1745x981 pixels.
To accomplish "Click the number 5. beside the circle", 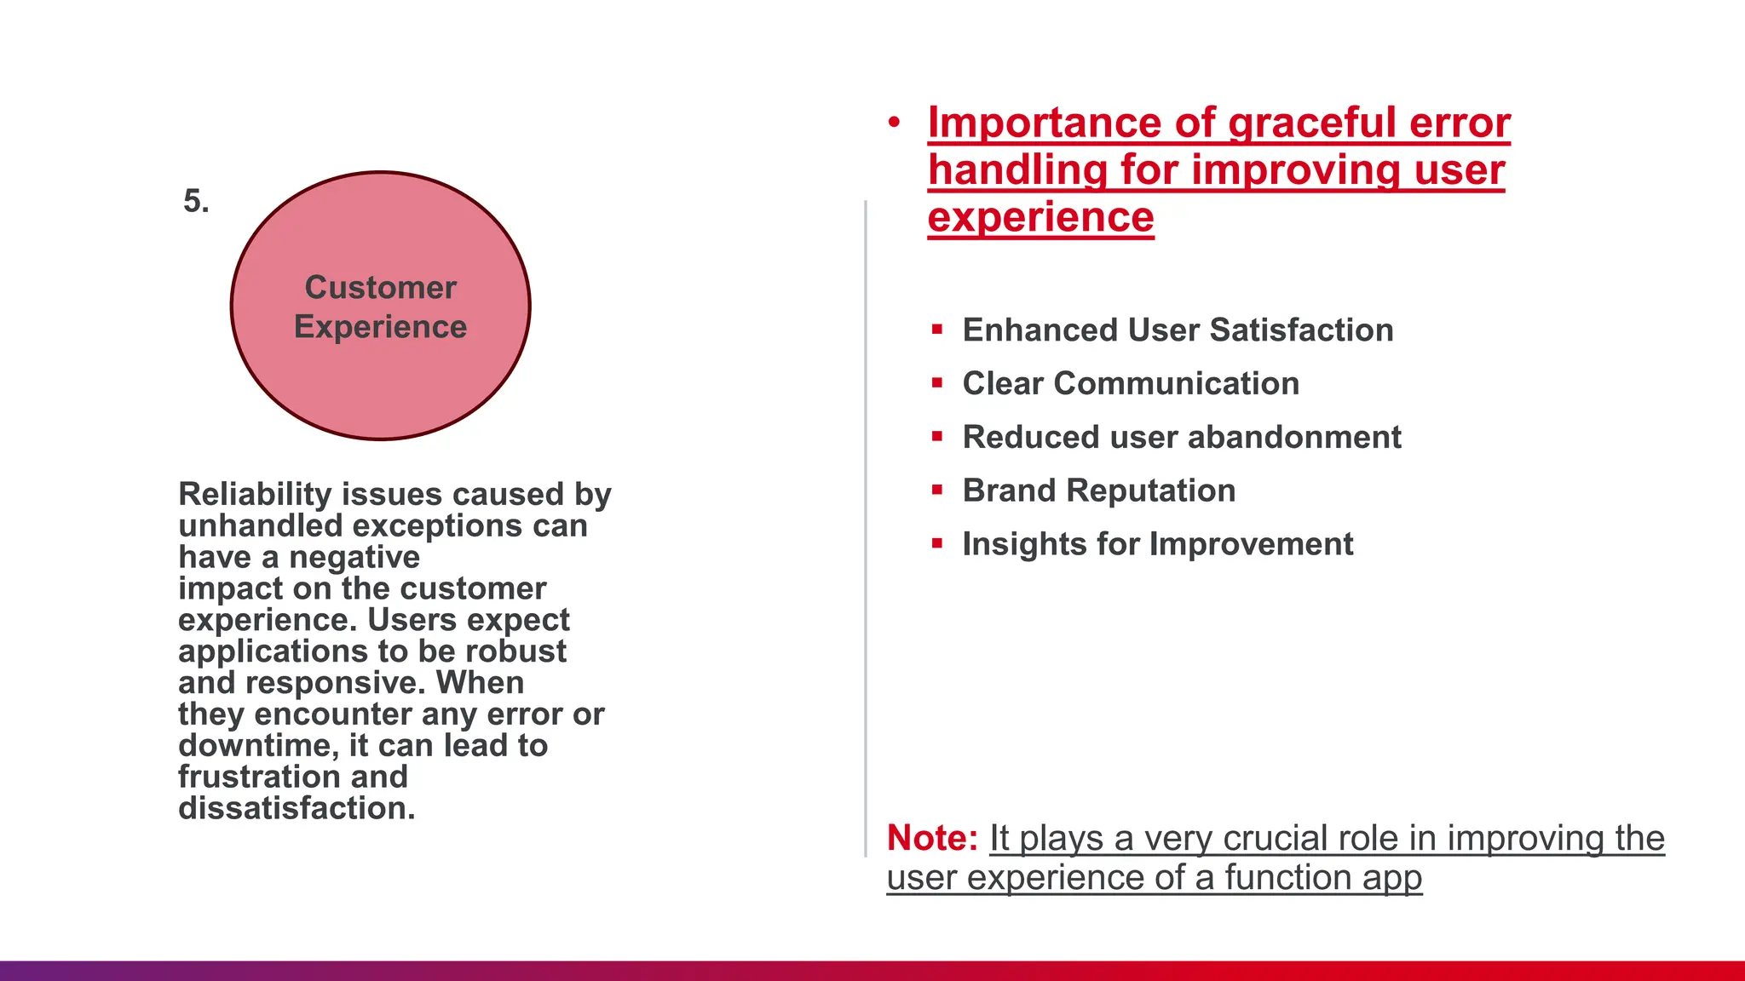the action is (x=196, y=202).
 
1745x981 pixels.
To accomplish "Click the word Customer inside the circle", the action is (x=381, y=288).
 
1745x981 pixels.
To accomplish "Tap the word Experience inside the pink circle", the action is (x=381, y=328).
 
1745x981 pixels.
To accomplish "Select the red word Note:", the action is (x=932, y=838).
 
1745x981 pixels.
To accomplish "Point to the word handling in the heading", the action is (x=1018, y=170).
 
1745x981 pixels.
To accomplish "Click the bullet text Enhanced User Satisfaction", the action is (x=1178, y=330).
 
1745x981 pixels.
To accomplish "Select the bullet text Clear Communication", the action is (x=1131, y=384).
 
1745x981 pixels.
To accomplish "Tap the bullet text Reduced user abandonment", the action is (x=1182, y=438).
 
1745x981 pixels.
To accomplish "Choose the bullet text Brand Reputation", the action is (x=1099, y=491).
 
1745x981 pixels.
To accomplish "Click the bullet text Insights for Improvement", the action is (x=1158, y=545).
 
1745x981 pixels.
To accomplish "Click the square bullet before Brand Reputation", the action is (x=937, y=490).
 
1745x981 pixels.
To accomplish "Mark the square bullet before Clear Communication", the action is (x=937, y=382).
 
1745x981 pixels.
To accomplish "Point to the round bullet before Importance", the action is (x=894, y=123).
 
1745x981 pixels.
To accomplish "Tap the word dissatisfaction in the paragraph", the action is (x=297, y=808).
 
